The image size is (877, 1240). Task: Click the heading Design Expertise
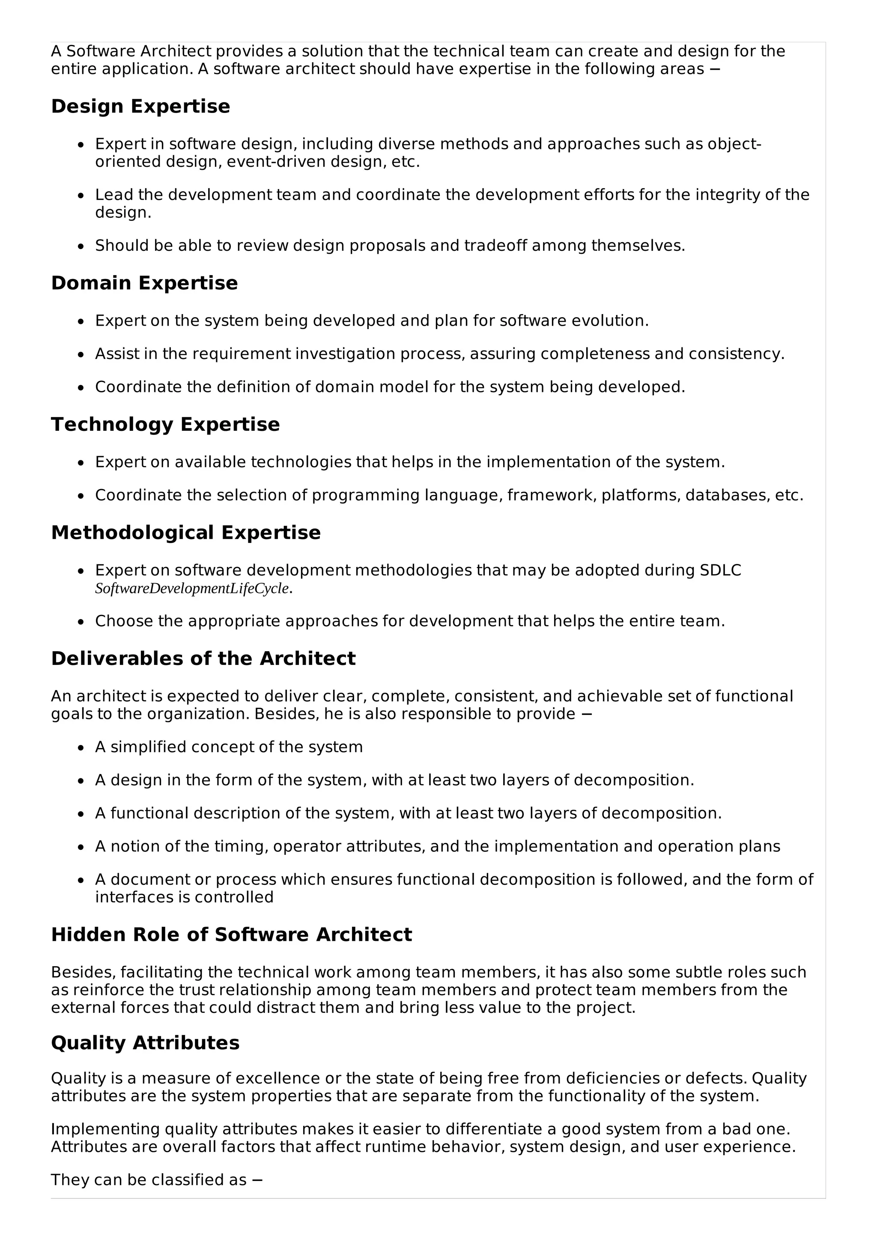click(x=140, y=107)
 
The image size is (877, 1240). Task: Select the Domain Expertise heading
click(x=144, y=283)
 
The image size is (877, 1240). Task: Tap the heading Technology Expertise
click(x=165, y=424)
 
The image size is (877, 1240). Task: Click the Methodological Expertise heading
click(x=186, y=533)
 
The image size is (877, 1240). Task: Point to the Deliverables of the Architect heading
click(x=203, y=659)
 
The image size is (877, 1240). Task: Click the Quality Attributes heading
click(x=145, y=1043)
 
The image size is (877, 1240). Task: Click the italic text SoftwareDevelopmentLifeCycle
click(x=192, y=589)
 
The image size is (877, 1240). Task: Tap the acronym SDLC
click(x=720, y=570)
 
